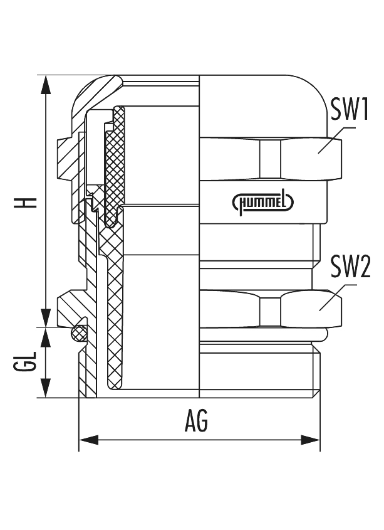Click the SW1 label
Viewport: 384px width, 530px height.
pyautogui.click(x=348, y=111)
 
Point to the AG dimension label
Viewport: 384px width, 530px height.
pyautogui.click(x=196, y=422)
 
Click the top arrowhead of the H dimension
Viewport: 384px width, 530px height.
pyautogui.click(x=46, y=85)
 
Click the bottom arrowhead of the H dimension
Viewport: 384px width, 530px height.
pyautogui.click(x=46, y=317)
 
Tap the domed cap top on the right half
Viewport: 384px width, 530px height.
pyautogui.click(x=263, y=94)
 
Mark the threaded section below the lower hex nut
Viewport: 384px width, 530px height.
pyautogui.click(x=257, y=370)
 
